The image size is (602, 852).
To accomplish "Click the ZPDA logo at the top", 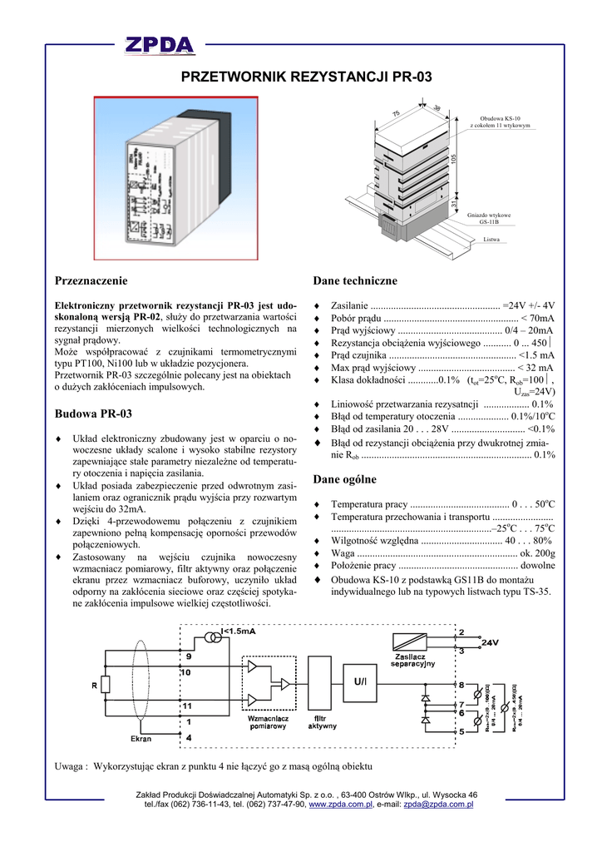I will point(160,45).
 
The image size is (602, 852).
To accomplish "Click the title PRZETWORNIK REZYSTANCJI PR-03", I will point(306,77).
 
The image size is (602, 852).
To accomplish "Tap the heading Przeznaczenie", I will point(91,280).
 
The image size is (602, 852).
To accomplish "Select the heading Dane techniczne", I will point(343,280).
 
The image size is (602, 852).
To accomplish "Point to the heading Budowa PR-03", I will point(93,414).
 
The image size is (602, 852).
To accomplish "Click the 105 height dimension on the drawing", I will point(454,158).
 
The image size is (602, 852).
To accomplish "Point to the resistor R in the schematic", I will point(106,685).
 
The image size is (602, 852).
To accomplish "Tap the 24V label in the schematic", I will point(490,642).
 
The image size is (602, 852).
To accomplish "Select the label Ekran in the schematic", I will point(141,738).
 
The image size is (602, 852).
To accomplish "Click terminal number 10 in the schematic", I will point(185,671).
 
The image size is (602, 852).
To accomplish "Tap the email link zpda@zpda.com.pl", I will point(438,805).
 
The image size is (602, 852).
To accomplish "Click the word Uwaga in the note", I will point(70,765).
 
